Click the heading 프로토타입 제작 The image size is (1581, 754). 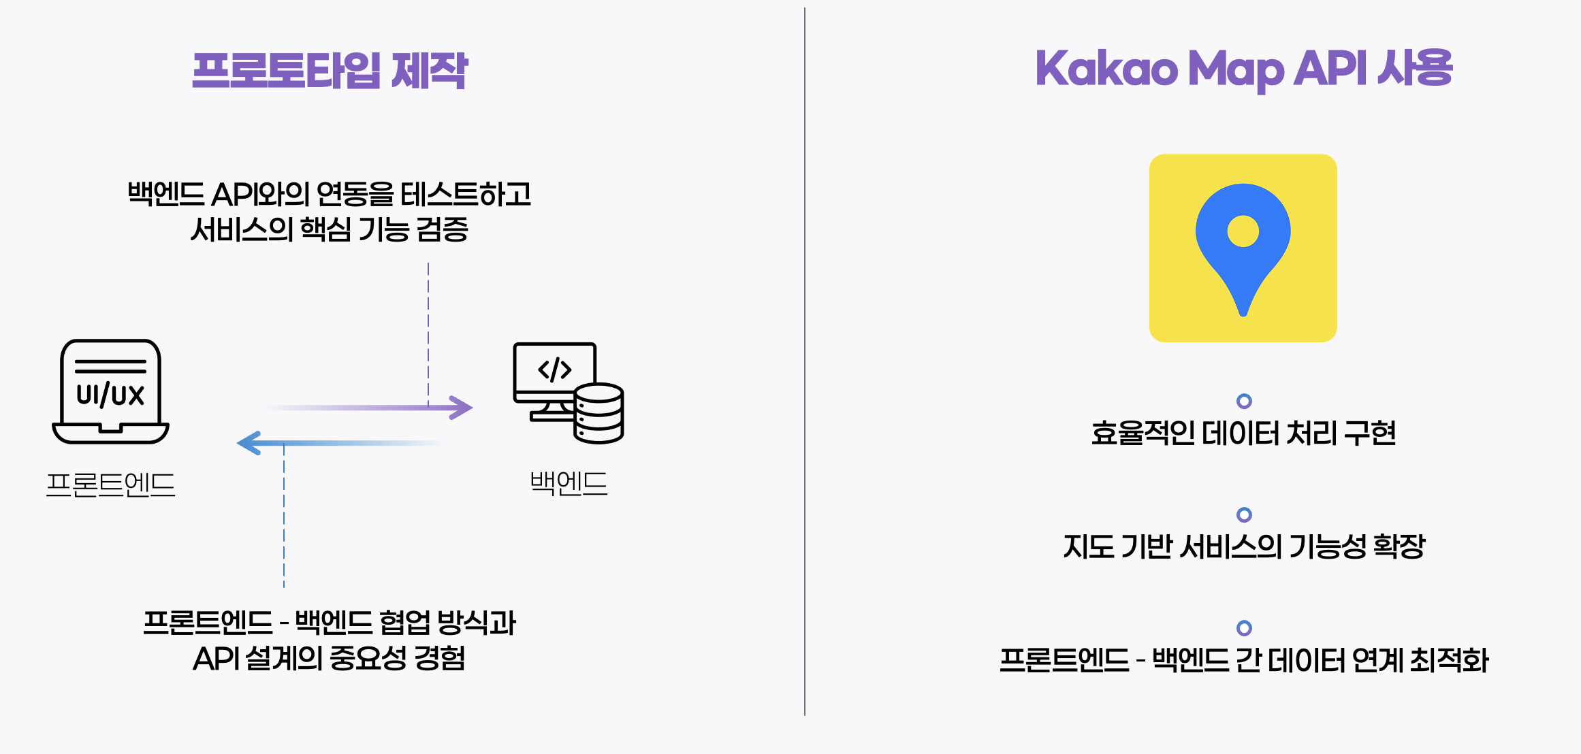330,71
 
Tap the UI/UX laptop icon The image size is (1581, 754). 110,391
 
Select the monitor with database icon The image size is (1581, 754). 568,393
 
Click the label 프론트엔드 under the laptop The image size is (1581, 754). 110,485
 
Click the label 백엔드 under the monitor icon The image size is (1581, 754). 569,483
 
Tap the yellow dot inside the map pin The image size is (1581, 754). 1243,231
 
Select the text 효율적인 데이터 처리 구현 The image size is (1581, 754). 1243,433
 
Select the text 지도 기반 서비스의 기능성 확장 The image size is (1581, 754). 1243,546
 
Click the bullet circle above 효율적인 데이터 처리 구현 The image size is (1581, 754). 1244,401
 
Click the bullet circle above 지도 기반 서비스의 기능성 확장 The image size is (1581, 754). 1244,514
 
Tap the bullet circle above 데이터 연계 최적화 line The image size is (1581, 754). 1244,627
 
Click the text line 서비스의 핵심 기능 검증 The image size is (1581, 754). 330,229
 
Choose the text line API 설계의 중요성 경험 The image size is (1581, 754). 330,658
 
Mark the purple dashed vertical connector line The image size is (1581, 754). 428,333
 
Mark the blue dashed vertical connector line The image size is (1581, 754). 284,517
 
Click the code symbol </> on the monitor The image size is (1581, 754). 555,370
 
